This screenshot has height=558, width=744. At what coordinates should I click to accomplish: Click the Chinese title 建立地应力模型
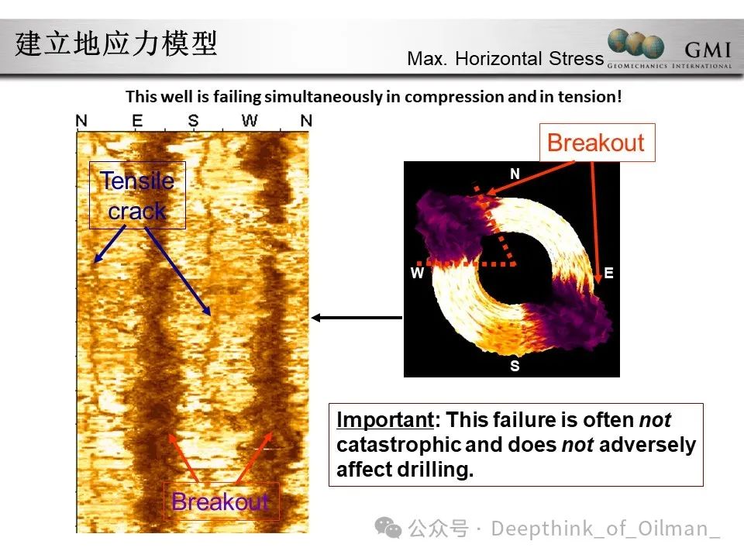[x=116, y=43]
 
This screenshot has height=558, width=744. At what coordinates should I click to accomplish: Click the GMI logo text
[x=708, y=50]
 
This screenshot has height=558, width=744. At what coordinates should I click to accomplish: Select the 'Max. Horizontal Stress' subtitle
[x=505, y=58]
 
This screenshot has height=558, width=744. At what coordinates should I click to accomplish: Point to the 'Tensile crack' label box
[x=137, y=195]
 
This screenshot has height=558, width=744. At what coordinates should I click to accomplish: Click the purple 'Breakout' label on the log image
[x=221, y=501]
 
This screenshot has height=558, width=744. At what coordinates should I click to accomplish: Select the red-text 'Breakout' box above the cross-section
[x=597, y=143]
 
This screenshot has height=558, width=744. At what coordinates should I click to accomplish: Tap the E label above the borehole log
[x=137, y=121]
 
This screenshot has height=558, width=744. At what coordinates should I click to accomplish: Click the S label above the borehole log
[x=193, y=121]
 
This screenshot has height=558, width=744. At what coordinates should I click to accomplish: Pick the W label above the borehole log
[x=250, y=121]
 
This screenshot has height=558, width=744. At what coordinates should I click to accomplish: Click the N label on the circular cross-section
[x=515, y=174]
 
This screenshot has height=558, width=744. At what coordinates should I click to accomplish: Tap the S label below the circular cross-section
[x=515, y=366]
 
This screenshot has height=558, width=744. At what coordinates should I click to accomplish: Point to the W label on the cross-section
[x=417, y=273]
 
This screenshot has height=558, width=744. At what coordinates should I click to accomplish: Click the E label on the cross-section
[x=609, y=273]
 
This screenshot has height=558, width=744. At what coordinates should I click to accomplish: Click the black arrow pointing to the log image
[x=356, y=318]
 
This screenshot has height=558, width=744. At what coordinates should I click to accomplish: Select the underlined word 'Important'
[x=385, y=420]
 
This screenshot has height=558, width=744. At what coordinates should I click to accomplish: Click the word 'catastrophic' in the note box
[x=398, y=445]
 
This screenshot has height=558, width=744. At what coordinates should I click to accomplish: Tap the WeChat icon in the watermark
[x=388, y=528]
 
